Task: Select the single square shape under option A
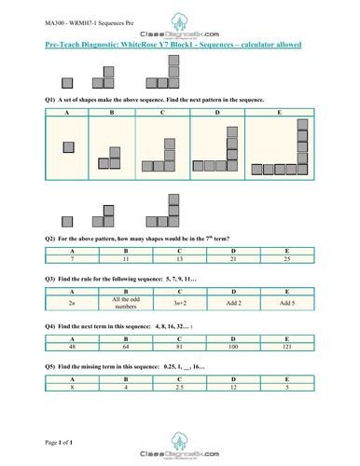tap(67, 145)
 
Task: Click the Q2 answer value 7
tap(67, 259)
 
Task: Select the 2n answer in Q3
tap(67, 302)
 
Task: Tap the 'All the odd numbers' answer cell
tap(113, 302)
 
